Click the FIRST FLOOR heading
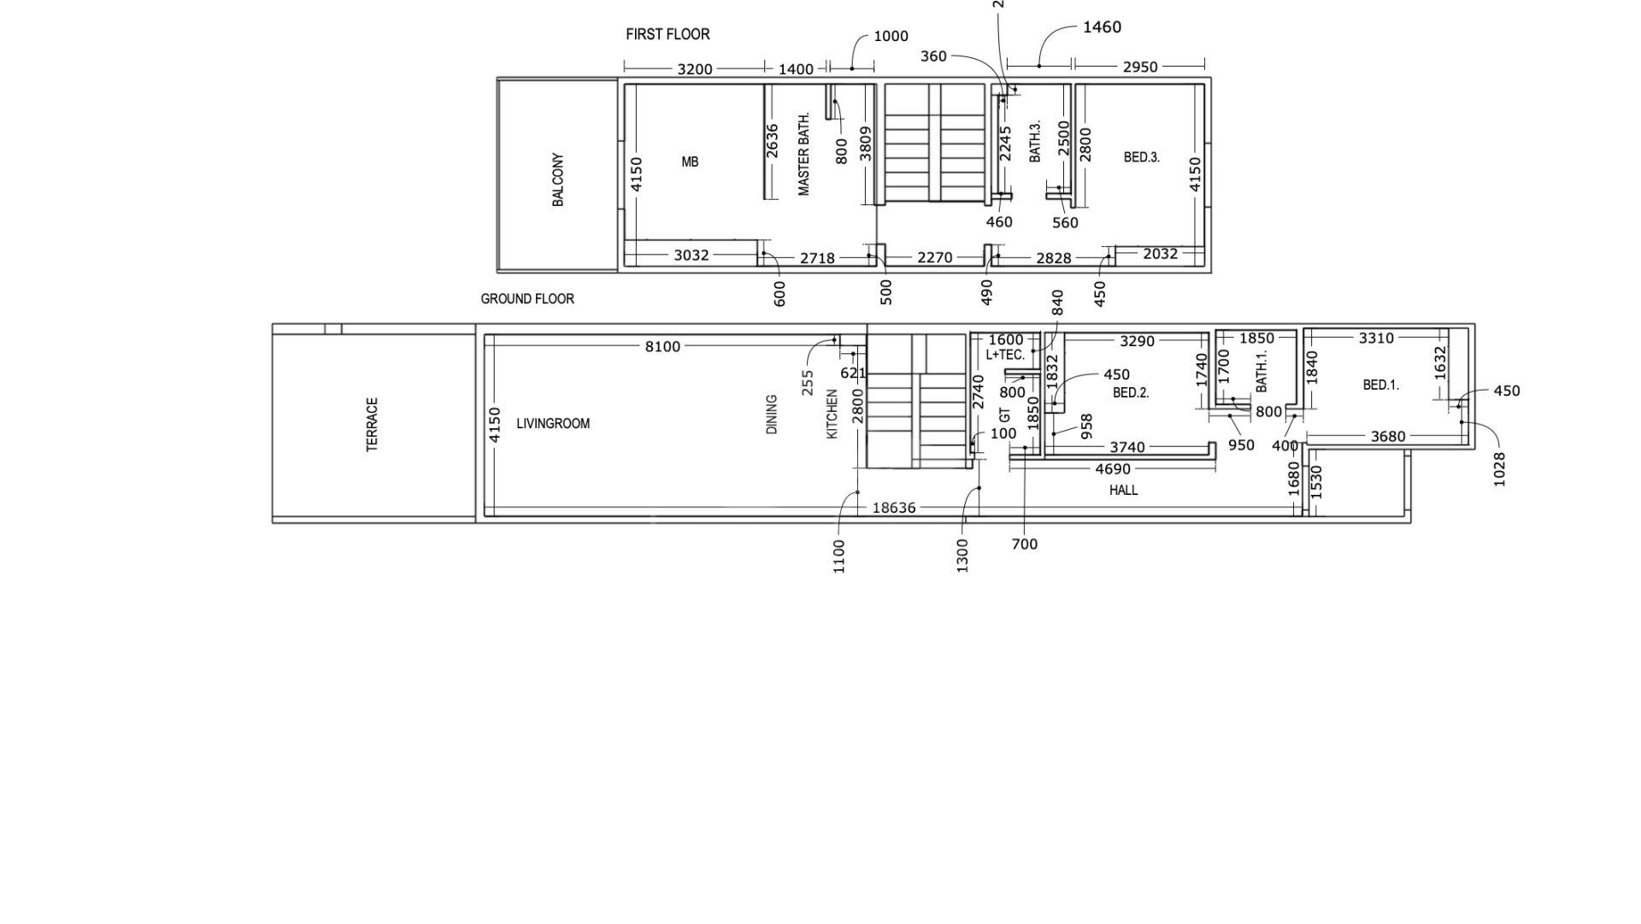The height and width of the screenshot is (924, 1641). click(x=668, y=34)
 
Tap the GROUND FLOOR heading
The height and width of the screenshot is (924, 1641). click(x=527, y=299)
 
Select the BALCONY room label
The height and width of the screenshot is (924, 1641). click(x=558, y=180)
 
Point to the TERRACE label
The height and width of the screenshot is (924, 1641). click(x=372, y=425)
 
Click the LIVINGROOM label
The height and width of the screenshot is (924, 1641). click(x=553, y=423)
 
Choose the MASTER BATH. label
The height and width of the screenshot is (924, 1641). click(x=803, y=155)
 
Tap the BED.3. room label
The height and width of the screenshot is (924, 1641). click(x=1142, y=157)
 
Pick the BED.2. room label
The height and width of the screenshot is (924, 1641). click(x=1131, y=393)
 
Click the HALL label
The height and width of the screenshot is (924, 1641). click(x=1124, y=490)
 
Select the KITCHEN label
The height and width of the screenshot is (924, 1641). click(x=832, y=415)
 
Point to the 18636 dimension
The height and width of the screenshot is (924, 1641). click(x=894, y=508)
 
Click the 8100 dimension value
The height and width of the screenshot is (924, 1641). click(x=662, y=346)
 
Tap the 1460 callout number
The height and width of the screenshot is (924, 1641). click(x=1102, y=27)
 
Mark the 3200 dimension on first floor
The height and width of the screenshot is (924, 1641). click(x=695, y=69)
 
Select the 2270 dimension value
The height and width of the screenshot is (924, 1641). click(x=934, y=257)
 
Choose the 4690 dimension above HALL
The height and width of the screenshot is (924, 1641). click(x=1113, y=469)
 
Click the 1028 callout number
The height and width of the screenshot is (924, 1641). click(x=1499, y=469)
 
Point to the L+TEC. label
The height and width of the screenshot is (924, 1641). click(x=1005, y=355)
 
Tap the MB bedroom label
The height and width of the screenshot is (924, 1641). click(x=690, y=162)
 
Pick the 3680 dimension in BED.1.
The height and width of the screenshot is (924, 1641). click(x=1388, y=437)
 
